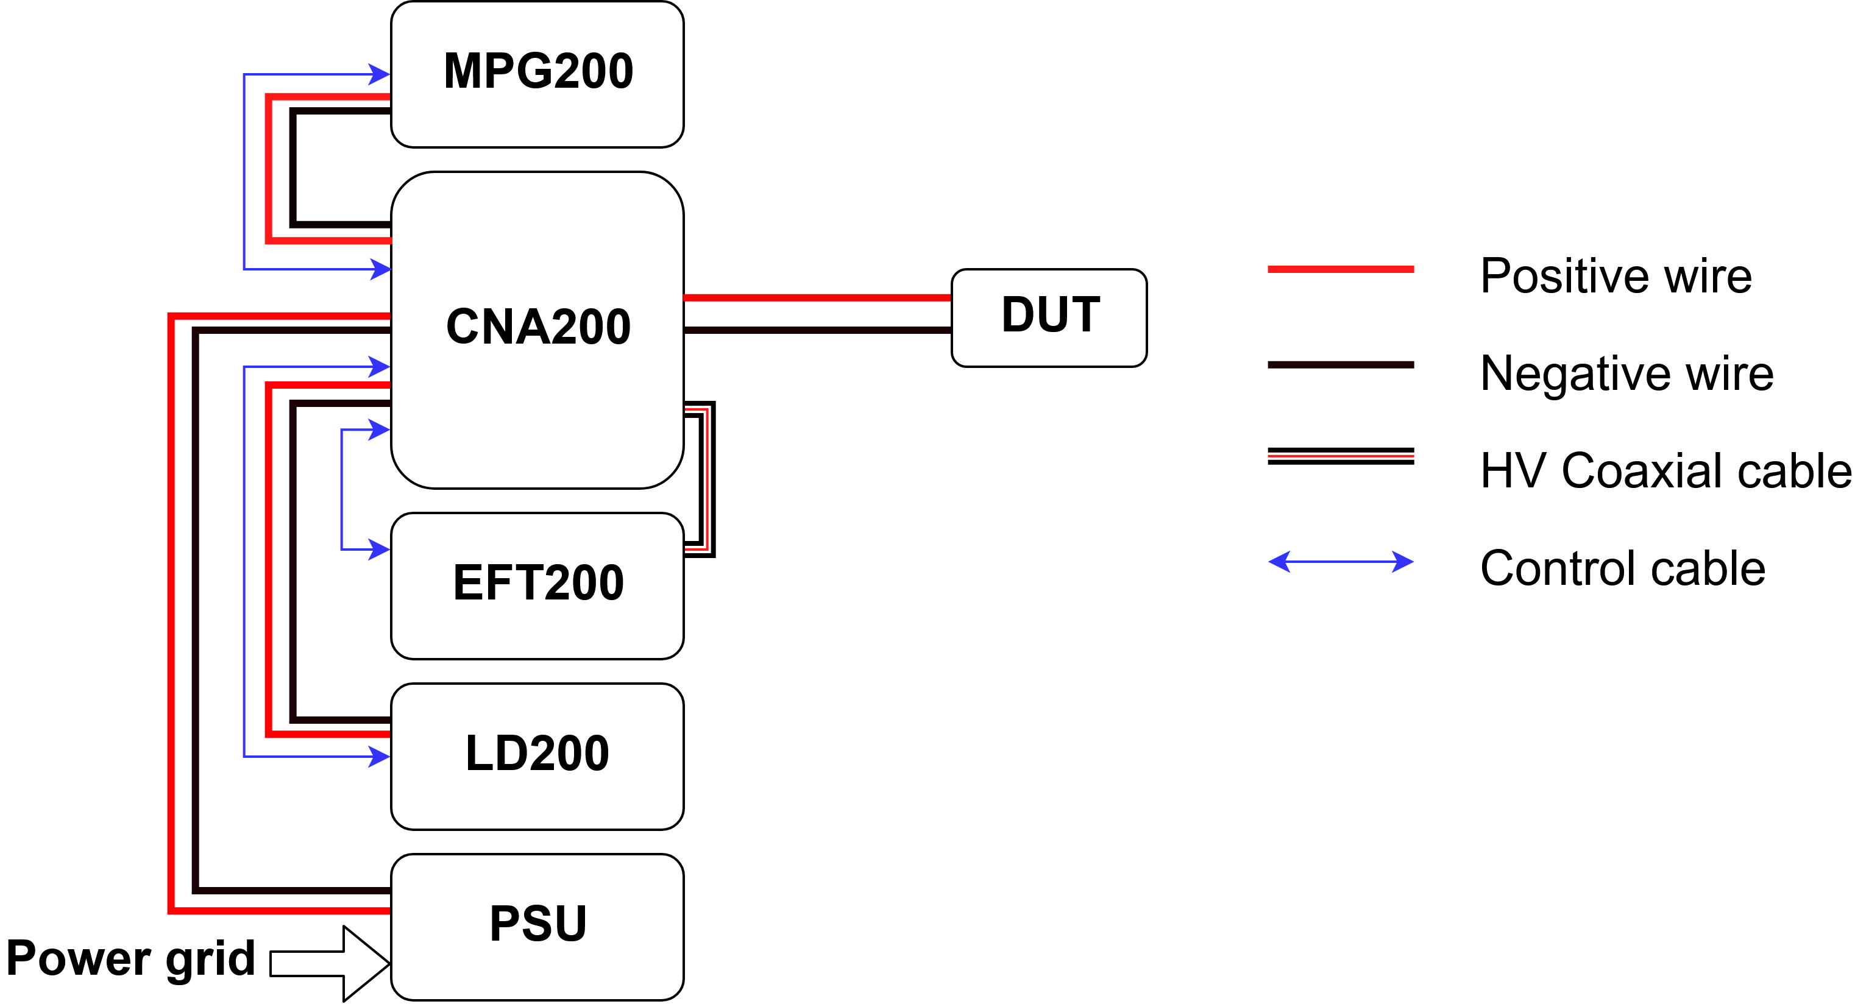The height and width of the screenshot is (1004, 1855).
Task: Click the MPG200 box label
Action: tap(538, 71)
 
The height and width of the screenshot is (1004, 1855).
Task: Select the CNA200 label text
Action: tap(538, 327)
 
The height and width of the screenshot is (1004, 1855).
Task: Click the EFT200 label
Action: tap(538, 582)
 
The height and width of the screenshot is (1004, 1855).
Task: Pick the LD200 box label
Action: tap(537, 753)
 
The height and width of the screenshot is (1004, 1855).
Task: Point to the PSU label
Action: tap(538, 924)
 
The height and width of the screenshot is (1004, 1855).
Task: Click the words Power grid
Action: tap(131, 959)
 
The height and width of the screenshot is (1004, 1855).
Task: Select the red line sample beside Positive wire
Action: tap(1340, 269)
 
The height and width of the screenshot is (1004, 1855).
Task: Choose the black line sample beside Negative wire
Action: tap(1340, 365)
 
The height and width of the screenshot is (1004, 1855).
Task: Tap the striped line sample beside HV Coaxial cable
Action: tap(1340, 456)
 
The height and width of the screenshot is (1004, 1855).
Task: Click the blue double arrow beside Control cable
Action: tap(1340, 561)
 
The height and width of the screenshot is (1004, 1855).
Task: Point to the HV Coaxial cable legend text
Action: tap(1665, 471)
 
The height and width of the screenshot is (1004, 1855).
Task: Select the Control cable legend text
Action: tap(1622, 568)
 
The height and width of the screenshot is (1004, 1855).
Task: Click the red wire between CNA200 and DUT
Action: tap(817, 297)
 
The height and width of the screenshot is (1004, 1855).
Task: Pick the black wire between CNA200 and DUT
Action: tap(817, 330)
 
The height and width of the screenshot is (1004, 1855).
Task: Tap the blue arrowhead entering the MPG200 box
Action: tap(380, 74)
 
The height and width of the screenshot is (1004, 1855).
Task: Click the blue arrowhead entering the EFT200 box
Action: tap(380, 550)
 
